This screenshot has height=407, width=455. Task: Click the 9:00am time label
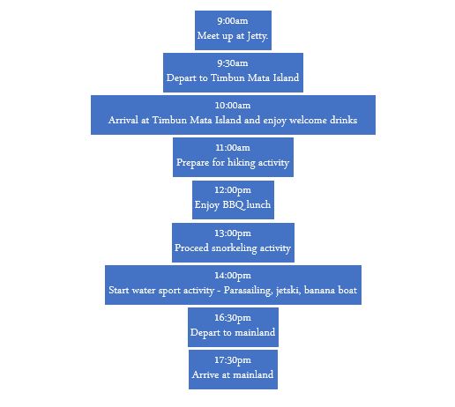pyautogui.click(x=233, y=21)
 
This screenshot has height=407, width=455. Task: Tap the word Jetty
pyautogui.click(x=257, y=36)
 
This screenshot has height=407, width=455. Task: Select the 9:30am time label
pyautogui.click(x=233, y=63)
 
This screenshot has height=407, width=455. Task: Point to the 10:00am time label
pyautogui.click(x=233, y=106)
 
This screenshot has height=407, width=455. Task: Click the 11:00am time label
pyautogui.click(x=233, y=148)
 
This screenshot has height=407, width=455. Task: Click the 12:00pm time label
pyautogui.click(x=233, y=190)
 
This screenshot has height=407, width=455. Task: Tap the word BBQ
pyautogui.click(x=234, y=205)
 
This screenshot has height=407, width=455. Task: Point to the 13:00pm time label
pyautogui.click(x=233, y=233)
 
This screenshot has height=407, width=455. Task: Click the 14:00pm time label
pyautogui.click(x=233, y=276)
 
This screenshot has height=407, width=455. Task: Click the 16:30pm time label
pyautogui.click(x=233, y=318)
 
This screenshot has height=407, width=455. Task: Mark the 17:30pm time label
pyautogui.click(x=233, y=360)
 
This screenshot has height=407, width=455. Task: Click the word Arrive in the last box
pyautogui.click(x=205, y=375)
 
